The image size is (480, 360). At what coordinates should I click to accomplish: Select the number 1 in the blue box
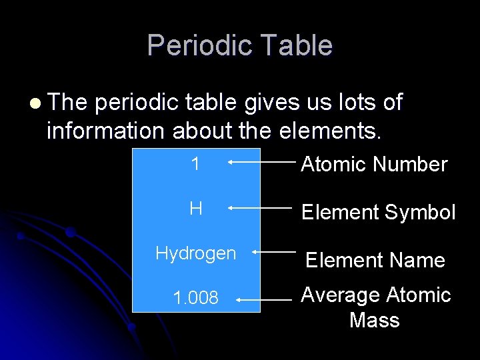point(195,164)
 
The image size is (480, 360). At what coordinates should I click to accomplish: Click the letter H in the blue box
point(195,209)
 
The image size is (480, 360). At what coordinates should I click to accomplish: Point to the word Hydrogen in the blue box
point(195,253)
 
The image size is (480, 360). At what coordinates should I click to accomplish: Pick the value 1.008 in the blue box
point(195,298)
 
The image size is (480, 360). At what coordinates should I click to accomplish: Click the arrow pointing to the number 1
point(259,161)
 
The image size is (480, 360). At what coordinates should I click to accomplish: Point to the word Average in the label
point(339,295)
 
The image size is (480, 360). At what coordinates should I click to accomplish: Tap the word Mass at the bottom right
point(374,320)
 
